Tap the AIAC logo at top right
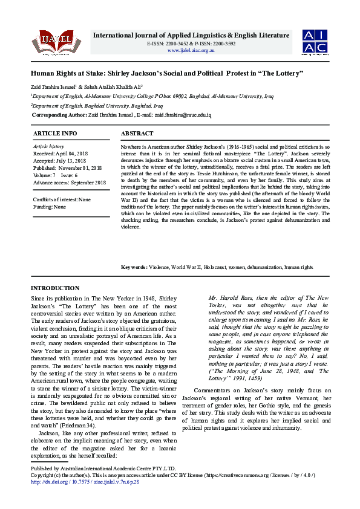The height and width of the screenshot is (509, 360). pyautogui.click(x=315, y=41)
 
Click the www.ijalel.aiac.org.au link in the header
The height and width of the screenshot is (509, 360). pyautogui.click(x=191, y=50)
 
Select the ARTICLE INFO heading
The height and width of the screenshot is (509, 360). pyautogui.click(x=55, y=133)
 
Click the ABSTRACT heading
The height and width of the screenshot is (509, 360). pyautogui.click(x=137, y=133)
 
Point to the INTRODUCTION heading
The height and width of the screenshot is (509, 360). pyautogui.click(x=55, y=288)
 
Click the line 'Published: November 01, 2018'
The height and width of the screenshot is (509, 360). pyautogui.click(x=67, y=167)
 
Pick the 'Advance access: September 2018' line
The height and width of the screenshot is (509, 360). pyautogui.click(x=69, y=181)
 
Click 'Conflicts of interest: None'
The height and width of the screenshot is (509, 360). pyautogui.click(x=62, y=199)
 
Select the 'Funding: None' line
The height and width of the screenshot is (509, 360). pyautogui.click(x=50, y=206)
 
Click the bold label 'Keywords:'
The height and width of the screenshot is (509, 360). pyautogui.click(x=134, y=267)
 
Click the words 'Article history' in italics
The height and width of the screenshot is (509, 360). pyautogui.click(x=48, y=147)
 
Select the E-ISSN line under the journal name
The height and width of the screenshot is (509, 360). pyautogui.click(x=191, y=44)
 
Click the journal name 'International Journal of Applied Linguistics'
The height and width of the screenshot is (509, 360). pyautogui.click(x=169, y=35)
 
